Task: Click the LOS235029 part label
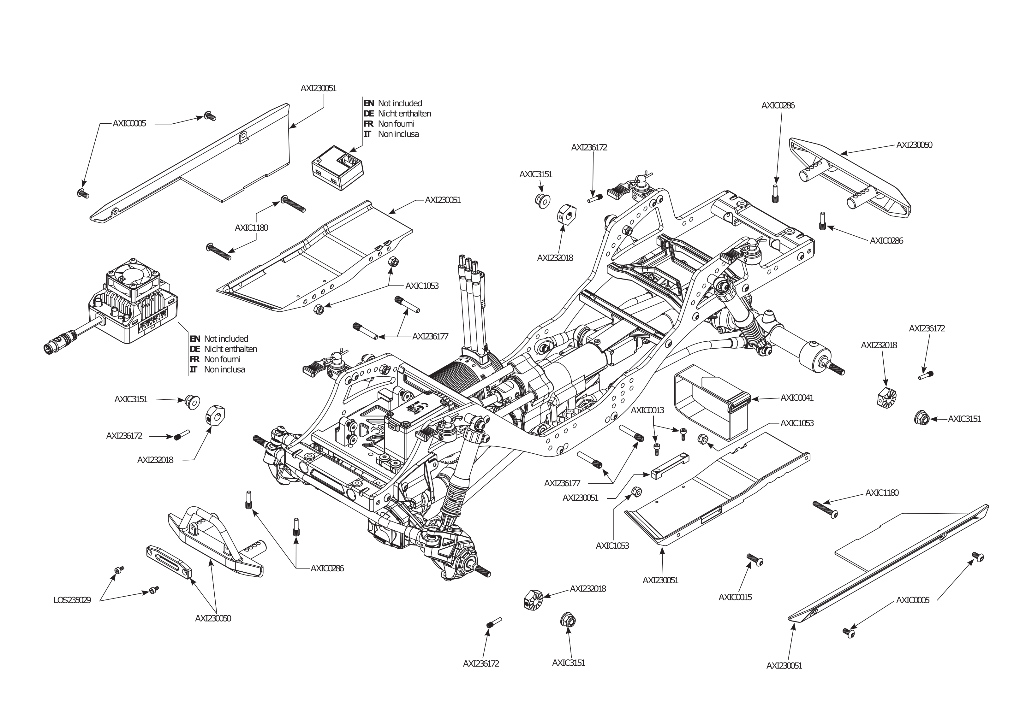click(72, 600)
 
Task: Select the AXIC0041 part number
click(797, 398)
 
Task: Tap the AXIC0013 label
click(647, 410)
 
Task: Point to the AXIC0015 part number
click(735, 597)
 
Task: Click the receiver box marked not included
click(337, 168)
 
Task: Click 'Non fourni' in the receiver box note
click(396, 124)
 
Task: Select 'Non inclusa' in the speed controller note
click(224, 369)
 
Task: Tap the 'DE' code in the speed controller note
click(194, 349)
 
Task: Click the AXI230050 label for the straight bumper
click(914, 145)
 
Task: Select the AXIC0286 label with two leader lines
click(327, 569)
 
